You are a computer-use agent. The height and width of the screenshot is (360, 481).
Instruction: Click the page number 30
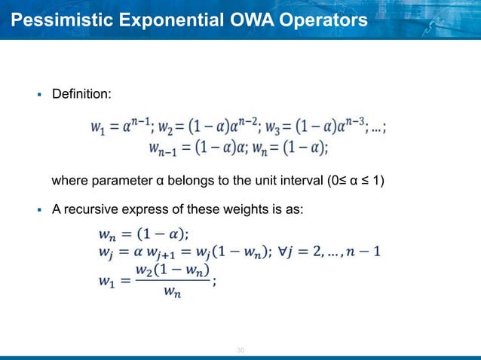241,349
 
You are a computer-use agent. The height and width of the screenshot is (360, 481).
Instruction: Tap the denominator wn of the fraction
173,293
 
